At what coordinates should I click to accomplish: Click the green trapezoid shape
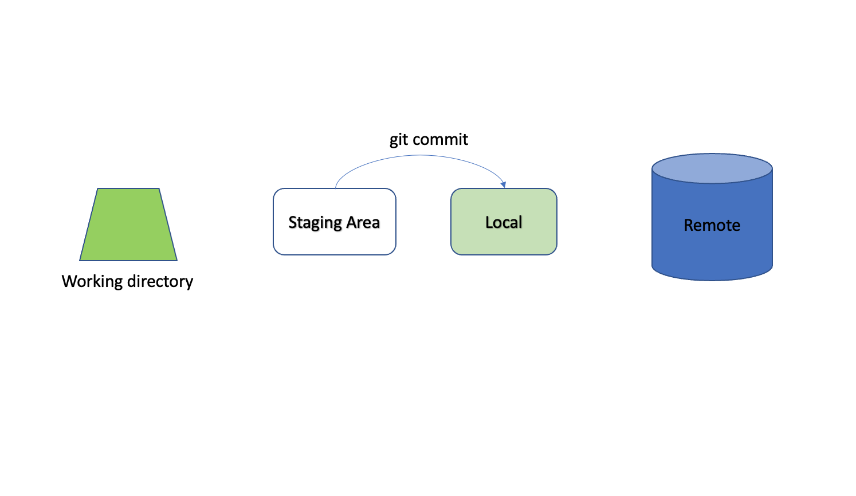pos(128,225)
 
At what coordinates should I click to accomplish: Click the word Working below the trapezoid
pos(92,281)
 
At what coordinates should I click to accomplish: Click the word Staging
pos(315,222)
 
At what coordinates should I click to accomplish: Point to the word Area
pos(363,222)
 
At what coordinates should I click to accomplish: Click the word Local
pos(504,222)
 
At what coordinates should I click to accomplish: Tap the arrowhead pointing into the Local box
pos(503,184)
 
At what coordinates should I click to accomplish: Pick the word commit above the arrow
pos(440,140)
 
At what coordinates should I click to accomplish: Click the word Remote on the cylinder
pos(712,225)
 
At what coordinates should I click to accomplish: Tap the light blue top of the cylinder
pos(712,168)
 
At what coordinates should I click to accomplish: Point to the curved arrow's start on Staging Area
pos(336,187)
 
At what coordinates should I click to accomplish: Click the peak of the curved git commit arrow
pos(420,156)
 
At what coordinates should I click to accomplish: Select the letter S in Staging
pos(292,222)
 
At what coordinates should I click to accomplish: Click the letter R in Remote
pos(689,225)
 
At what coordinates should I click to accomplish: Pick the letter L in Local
pos(489,222)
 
